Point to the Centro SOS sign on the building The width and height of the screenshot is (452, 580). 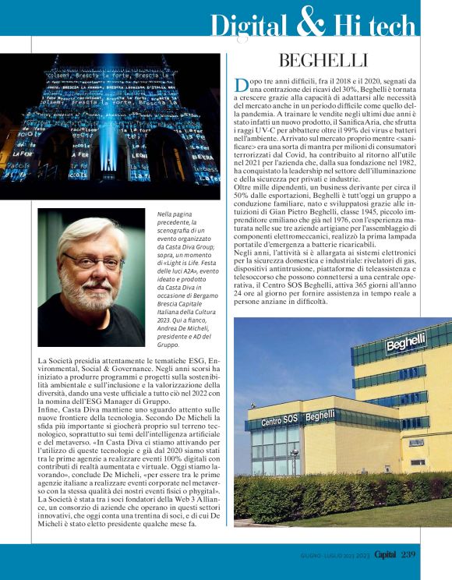(x=282, y=421)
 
